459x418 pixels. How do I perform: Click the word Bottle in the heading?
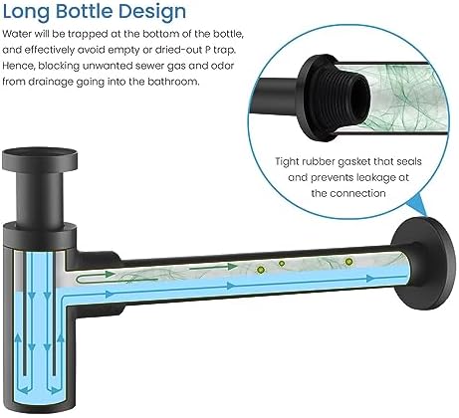pyautogui.click(x=85, y=11)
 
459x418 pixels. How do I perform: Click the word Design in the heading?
pyautogui.click(x=152, y=13)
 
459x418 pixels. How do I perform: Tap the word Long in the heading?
pyautogui.click(x=27, y=13)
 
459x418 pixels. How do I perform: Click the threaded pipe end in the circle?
pyautogui.click(x=352, y=97)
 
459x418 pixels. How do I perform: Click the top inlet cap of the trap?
pyautogui.click(x=40, y=160)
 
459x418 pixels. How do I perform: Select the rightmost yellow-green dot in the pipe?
pyautogui.click(x=348, y=262)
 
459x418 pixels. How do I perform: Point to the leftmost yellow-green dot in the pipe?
pyautogui.click(x=261, y=270)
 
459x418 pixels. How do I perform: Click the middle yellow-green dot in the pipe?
pyautogui.click(x=282, y=264)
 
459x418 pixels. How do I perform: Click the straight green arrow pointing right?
pyautogui.click(x=213, y=267)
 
